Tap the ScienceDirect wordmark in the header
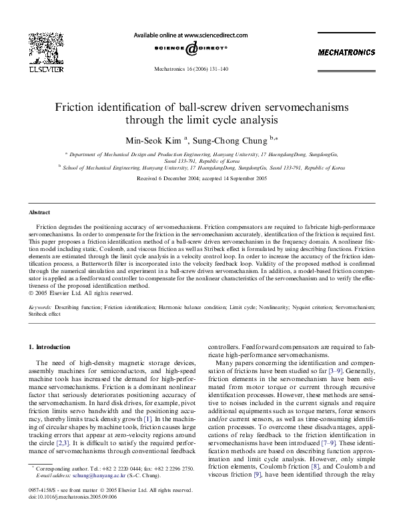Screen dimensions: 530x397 click(191, 48)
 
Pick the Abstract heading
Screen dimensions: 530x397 click(39, 212)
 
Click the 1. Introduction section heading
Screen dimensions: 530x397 click(53, 347)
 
